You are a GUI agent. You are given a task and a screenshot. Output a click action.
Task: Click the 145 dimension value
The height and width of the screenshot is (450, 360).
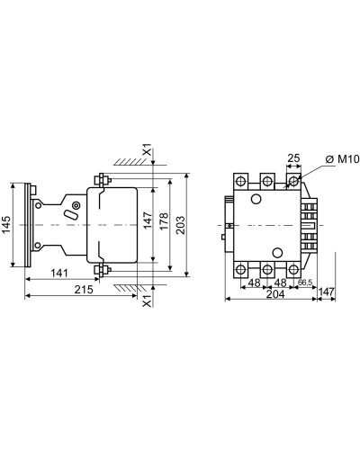tap(6, 225)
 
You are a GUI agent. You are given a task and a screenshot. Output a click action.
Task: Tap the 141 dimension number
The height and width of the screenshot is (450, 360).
tap(59, 273)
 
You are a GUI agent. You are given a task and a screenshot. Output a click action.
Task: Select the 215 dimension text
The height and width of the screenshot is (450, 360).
tap(84, 290)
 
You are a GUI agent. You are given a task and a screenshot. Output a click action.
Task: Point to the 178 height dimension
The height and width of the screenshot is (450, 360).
tap(164, 221)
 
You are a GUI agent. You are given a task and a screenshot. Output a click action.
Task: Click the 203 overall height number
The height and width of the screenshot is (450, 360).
tap(180, 225)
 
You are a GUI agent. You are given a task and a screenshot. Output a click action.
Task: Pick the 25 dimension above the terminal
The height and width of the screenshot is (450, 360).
tap(293, 158)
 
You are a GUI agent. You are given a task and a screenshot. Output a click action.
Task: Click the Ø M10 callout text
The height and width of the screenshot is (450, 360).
tap(342, 159)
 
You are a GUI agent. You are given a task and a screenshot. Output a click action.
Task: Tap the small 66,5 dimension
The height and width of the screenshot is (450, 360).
tap(305, 282)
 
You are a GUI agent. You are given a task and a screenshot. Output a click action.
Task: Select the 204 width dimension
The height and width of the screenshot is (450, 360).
tap(275, 294)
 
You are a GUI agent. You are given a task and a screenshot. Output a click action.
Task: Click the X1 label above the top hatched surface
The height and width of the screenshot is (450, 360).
tap(148, 150)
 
